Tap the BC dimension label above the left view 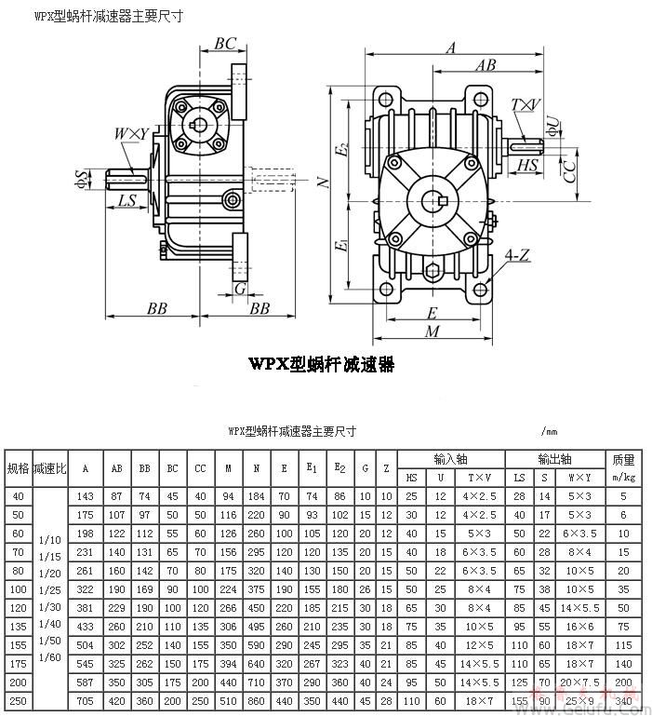225,44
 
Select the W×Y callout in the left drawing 131,135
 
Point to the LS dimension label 127,200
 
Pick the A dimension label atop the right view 450,47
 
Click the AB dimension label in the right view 485,66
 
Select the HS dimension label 527,166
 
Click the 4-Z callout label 518,254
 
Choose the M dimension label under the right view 432,331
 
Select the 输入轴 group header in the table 450,459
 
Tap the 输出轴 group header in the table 554,459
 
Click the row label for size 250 18,699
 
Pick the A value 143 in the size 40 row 86,496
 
